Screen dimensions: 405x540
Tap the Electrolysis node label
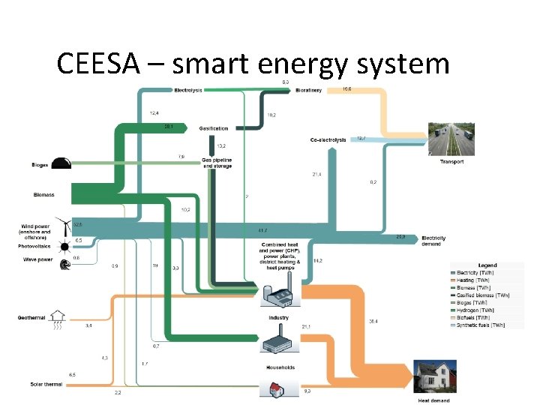188,91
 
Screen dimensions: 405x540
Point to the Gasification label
214,129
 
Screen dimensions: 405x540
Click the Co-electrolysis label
328,140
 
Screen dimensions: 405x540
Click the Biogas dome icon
61,164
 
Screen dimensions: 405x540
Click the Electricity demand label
433,240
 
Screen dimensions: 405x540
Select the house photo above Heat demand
435,377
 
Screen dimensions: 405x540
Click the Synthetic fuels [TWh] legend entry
483,325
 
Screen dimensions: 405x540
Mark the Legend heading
487,265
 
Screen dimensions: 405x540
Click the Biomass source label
43,195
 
